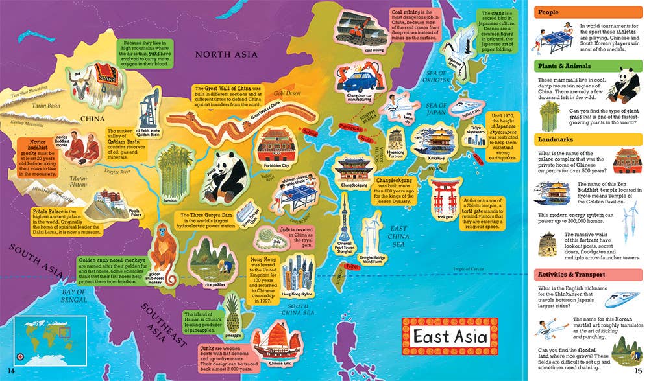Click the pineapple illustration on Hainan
[232, 314]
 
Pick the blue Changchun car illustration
[363, 83]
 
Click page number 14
[10, 371]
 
